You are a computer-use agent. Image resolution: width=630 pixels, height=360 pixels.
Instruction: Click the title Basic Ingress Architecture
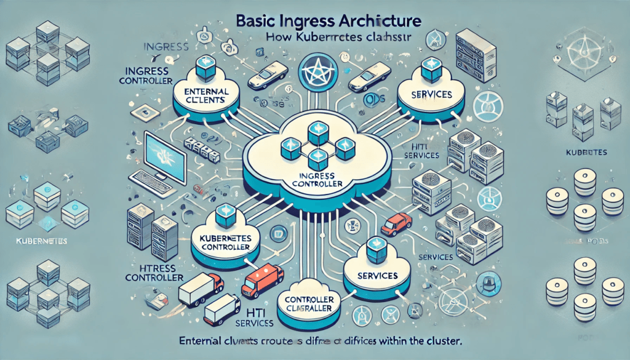329,20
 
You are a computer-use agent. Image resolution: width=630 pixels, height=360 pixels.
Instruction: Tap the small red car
396,223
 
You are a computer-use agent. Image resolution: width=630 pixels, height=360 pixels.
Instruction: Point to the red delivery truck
262,281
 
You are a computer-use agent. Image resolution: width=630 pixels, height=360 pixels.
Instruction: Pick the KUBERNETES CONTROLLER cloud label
220,241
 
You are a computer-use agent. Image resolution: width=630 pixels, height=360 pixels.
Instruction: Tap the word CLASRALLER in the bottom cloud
309,308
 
